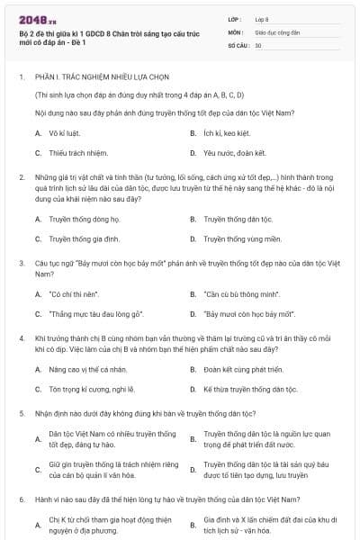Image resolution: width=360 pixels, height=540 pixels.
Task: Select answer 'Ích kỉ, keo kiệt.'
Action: click(x=231, y=132)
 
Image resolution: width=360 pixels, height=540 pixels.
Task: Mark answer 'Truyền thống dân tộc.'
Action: click(x=238, y=219)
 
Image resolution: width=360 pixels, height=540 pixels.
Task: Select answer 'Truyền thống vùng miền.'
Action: click(x=242, y=239)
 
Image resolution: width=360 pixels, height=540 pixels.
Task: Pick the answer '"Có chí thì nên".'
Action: click(x=75, y=294)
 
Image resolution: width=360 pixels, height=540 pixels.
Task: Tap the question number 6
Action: click(x=21, y=498)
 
